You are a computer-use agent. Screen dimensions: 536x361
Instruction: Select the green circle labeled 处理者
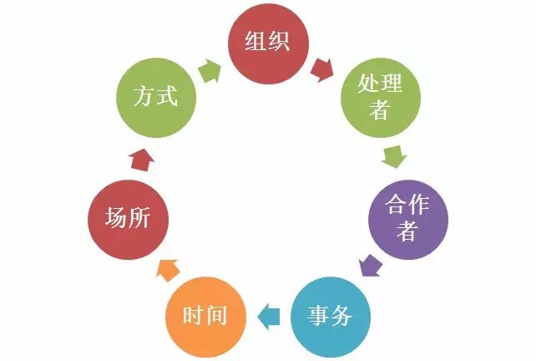(x=380, y=98)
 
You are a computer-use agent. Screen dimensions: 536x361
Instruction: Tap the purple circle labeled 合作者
(x=407, y=218)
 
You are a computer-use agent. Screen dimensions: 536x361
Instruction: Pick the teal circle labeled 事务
(x=331, y=316)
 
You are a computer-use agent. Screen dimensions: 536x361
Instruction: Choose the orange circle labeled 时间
(x=205, y=316)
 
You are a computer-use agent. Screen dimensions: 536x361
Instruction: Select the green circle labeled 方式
(x=154, y=98)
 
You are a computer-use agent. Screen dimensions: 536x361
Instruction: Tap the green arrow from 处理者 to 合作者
(x=393, y=155)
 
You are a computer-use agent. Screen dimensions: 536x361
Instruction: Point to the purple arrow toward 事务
(x=370, y=267)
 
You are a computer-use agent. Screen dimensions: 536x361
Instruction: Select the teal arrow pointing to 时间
(x=268, y=315)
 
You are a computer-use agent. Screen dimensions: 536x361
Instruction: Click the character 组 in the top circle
(x=255, y=43)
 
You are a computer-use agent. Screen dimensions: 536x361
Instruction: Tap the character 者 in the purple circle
(x=407, y=231)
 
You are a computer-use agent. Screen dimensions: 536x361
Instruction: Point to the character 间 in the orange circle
(x=216, y=316)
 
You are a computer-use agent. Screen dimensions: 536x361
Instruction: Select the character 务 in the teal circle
(x=342, y=316)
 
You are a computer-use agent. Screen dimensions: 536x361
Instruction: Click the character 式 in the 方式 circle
(x=167, y=98)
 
